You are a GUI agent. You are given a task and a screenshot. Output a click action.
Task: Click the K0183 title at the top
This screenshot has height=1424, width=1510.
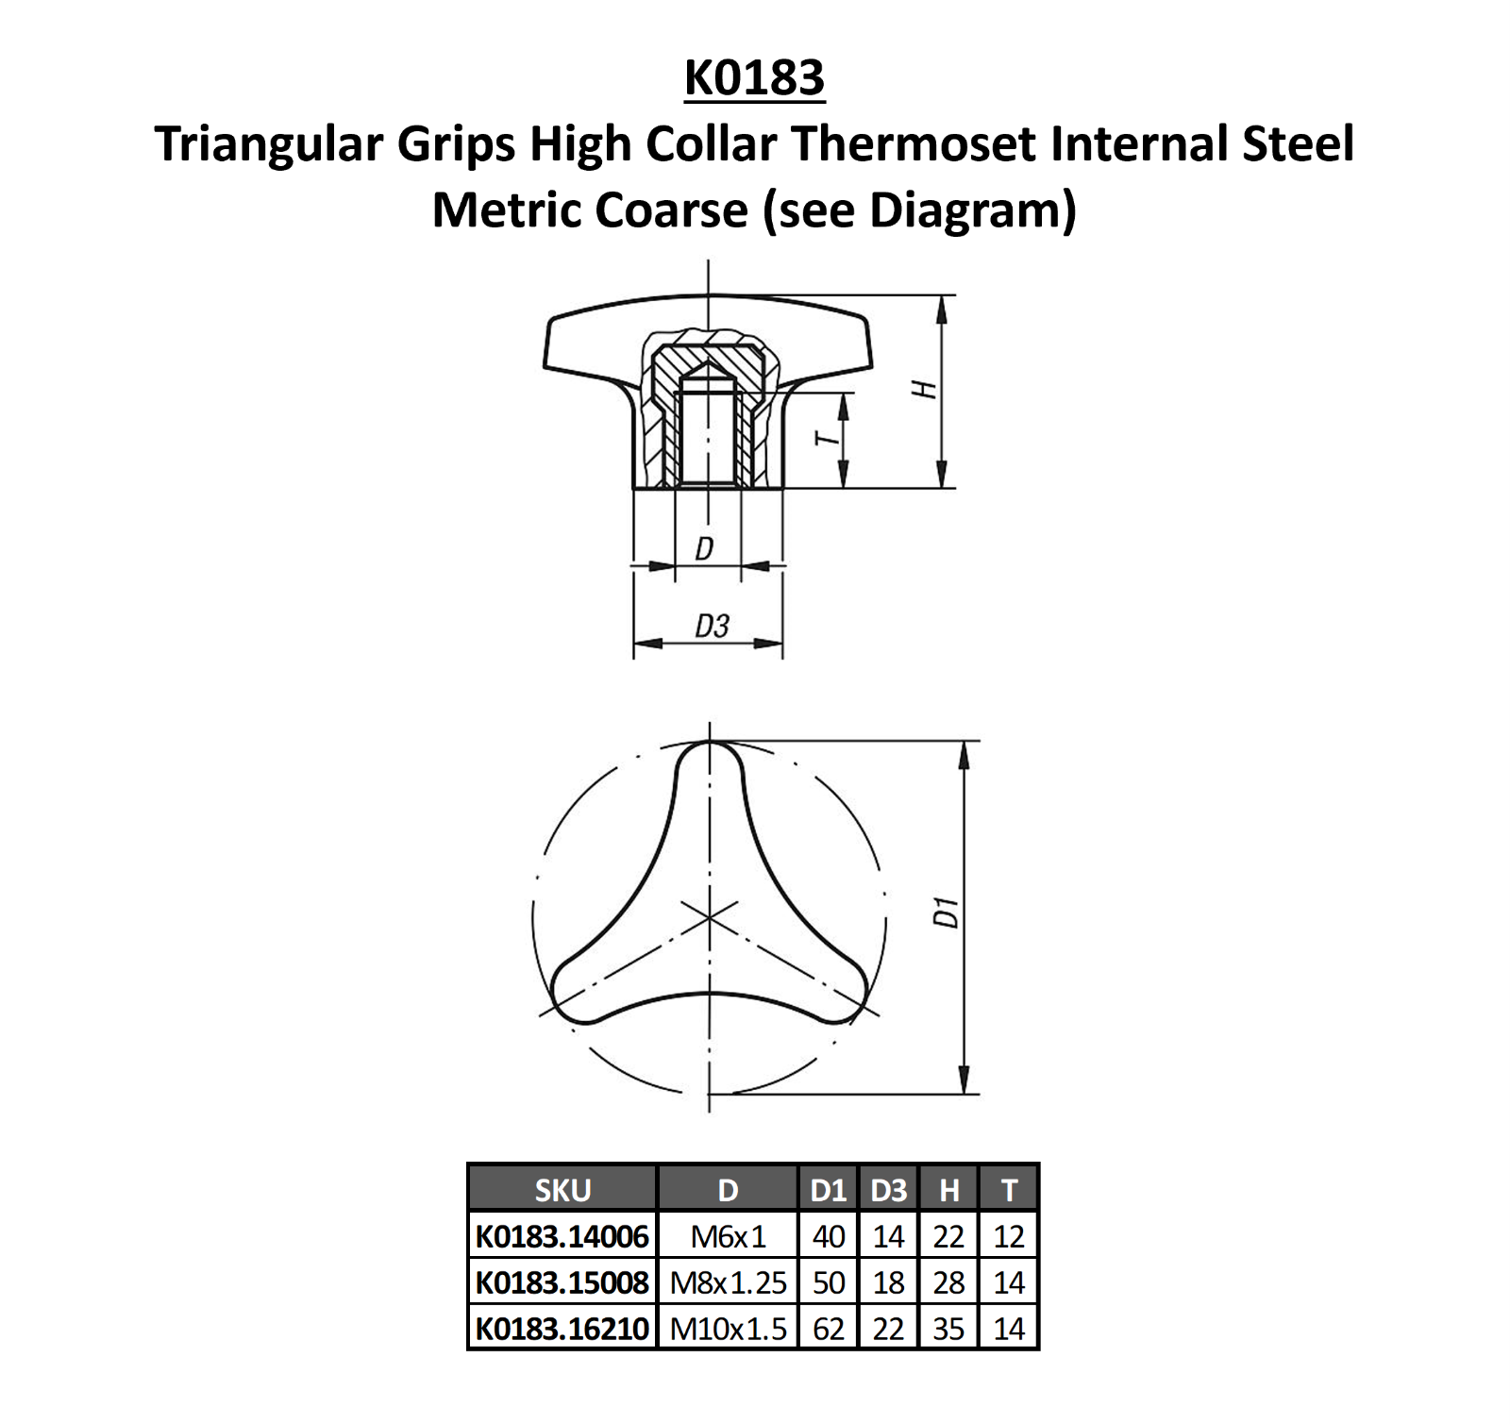pyautogui.click(x=754, y=77)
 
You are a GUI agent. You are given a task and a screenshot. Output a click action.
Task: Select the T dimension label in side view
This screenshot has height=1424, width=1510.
pyautogui.click(x=826, y=438)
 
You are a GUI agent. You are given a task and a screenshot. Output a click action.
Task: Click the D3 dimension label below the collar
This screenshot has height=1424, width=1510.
pyautogui.click(x=712, y=626)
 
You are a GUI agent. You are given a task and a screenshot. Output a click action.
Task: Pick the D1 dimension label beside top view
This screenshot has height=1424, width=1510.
pyautogui.click(x=946, y=913)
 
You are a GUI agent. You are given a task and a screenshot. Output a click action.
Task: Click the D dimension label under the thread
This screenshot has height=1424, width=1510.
pyautogui.click(x=704, y=548)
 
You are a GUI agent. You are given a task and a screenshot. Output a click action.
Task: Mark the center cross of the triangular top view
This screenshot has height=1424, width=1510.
pyautogui.click(x=709, y=917)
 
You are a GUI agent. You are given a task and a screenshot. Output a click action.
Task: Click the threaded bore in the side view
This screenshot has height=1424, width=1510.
pyautogui.click(x=709, y=434)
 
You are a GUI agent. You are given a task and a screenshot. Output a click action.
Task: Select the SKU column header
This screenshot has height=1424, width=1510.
pyautogui.click(x=562, y=1190)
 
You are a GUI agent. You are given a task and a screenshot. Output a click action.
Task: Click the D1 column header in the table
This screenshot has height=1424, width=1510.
pyautogui.click(x=828, y=1190)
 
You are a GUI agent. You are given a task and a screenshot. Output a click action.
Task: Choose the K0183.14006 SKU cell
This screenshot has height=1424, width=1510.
pyautogui.click(x=562, y=1236)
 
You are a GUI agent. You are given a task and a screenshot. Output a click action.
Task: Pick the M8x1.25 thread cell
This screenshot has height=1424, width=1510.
pyautogui.click(x=728, y=1282)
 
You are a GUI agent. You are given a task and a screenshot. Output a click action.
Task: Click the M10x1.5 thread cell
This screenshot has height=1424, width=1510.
pyautogui.click(x=728, y=1329)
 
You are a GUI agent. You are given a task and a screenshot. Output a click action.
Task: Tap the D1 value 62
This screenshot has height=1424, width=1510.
pyautogui.click(x=828, y=1329)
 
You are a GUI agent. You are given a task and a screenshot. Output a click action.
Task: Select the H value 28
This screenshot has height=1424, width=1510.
pyautogui.click(x=948, y=1282)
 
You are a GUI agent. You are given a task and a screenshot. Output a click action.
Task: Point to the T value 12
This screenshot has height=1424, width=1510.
pyautogui.click(x=1009, y=1236)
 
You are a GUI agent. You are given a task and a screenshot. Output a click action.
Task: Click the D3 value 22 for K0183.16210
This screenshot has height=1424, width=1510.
pyautogui.click(x=888, y=1329)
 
